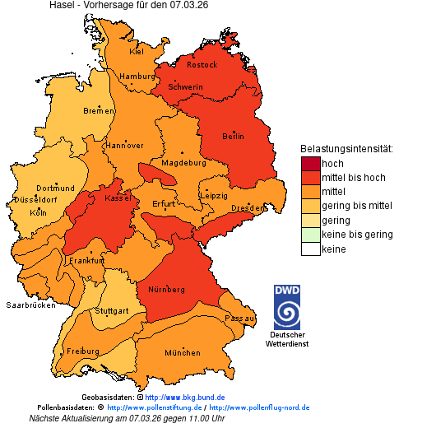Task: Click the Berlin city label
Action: (233, 136)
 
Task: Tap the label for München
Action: (182, 352)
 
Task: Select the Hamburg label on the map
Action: (137, 77)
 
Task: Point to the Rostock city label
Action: (202, 64)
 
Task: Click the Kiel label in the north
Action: (136, 51)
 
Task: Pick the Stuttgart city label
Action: (112, 311)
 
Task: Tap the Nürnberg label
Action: (166, 290)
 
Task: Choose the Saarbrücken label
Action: (30, 305)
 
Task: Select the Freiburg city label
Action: (82, 351)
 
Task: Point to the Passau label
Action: (239, 317)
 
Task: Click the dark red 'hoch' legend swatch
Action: (310, 163)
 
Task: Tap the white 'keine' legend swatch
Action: (310, 249)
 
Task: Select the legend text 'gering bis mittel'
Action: (356, 206)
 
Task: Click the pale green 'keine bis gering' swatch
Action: (310, 235)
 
